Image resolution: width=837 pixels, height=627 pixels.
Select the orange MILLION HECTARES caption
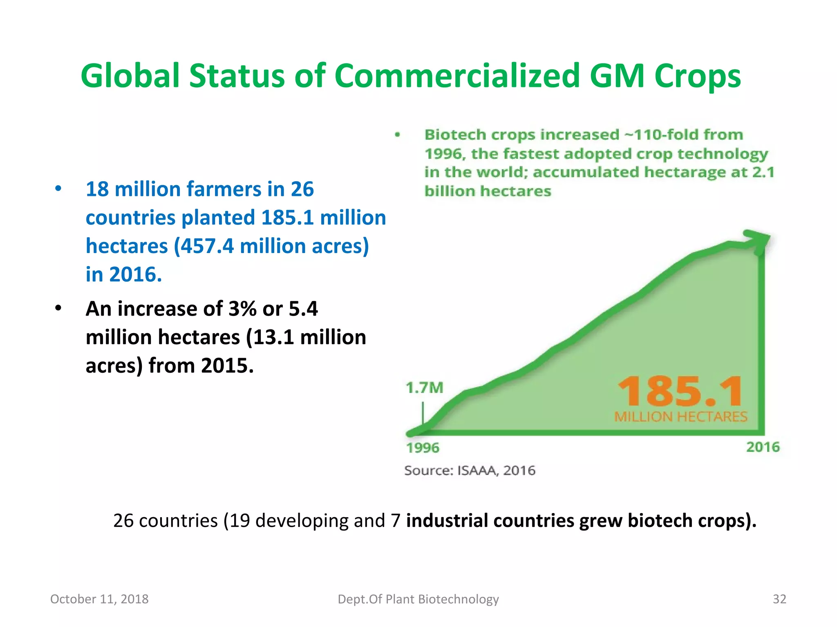[680, 417]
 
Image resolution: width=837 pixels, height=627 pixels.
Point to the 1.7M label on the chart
[424, 388]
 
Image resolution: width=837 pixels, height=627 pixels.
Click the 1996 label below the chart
[423, 448]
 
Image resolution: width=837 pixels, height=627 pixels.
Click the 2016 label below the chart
[763, 447]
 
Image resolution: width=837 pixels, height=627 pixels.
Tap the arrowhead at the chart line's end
[759, 239]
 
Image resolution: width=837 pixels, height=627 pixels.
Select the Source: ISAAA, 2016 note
[470, 471]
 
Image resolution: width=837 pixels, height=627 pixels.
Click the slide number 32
[779, 599]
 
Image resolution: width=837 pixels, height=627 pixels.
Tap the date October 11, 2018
[99, 599]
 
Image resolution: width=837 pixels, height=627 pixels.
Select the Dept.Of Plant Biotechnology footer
[418, 599]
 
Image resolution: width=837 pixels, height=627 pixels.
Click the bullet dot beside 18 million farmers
[58, 189]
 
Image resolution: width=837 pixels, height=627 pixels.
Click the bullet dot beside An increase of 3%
[58, 308]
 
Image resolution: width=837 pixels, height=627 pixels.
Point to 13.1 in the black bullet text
[273, 337]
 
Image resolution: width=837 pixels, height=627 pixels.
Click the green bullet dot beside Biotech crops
[397, 135]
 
